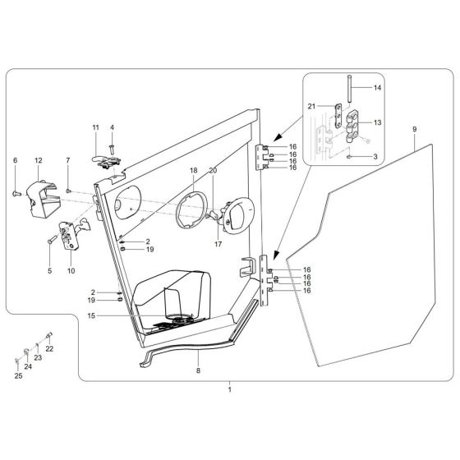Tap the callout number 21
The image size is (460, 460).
311,107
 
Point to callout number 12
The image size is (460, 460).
38,160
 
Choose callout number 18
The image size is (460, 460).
194,170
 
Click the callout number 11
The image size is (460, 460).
95,127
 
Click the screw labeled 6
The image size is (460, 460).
17,192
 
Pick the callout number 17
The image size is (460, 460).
218,243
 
